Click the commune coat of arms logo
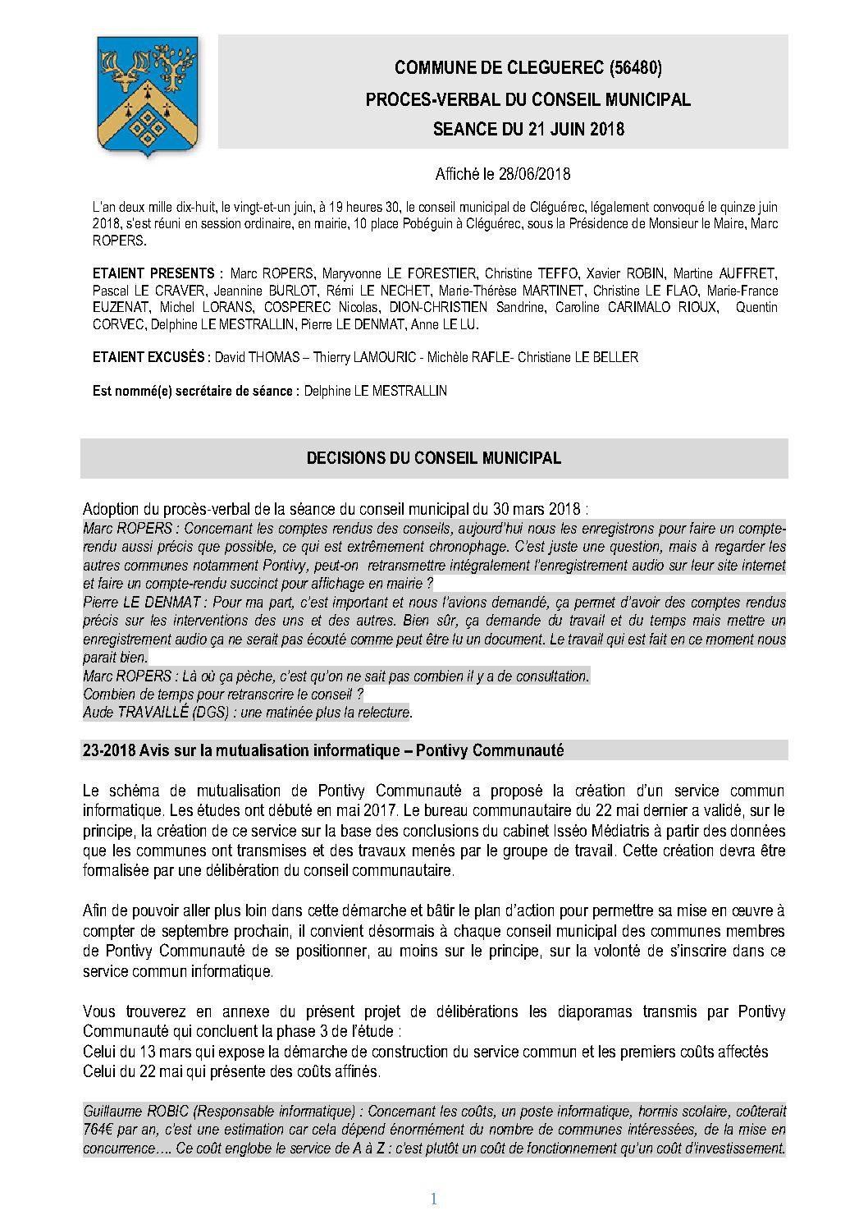pos(148,96)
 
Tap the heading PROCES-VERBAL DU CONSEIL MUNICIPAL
pos(528,99)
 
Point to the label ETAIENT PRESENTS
pos(153,273)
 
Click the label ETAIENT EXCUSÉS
pos(151,357)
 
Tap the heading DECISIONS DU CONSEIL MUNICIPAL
pos(433,458)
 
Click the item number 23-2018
pos(108,750)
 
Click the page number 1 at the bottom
pos(433,1199)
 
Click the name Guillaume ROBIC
pos(136,1112)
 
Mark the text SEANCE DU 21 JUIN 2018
pos(528,129)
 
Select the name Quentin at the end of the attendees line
pos(756,307)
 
